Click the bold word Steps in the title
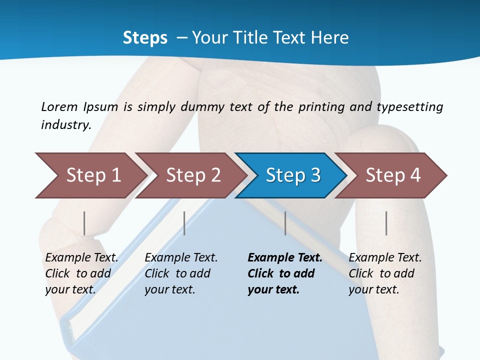(145, 38)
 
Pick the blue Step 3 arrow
(292, 175)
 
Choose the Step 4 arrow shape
(392, 175)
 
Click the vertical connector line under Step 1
(84, 223)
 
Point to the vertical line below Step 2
(184, 223)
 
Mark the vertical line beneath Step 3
(285, 223)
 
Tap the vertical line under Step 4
(386, 223)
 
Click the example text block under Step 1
(81, 273)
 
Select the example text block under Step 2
(181, 273)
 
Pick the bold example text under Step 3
(284, 273)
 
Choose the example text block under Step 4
(385, 273)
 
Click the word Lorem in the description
(59, 107)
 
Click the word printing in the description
(320, 107)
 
